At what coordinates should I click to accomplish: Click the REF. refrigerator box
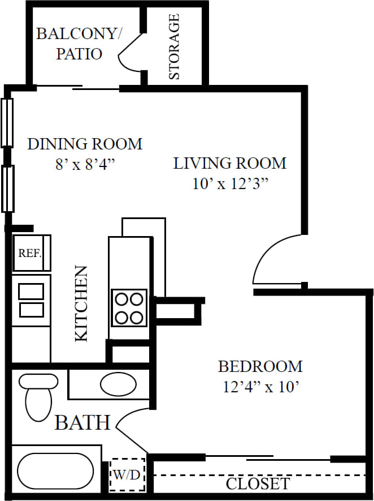point(32,253)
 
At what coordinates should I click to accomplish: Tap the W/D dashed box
point(127,474)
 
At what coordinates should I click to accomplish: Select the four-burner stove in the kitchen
point(129,307)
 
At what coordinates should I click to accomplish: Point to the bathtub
point(55,471)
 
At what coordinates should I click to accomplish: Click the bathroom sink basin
point(118,384)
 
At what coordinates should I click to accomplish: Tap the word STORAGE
point(175,46)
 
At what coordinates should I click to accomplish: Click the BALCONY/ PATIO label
point(79,44)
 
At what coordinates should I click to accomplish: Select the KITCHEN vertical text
point(82,303)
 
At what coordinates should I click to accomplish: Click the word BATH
point(82,422)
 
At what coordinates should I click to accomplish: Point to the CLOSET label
point(258,484)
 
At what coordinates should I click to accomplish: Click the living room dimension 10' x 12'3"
point(229,185)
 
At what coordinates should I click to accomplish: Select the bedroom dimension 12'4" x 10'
point(260,388)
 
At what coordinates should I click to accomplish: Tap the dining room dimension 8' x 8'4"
point(85,164)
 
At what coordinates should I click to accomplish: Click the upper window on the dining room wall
point(7,122)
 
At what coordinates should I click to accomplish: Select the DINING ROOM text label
point(85,144)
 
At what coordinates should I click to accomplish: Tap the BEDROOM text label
point(260,366)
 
